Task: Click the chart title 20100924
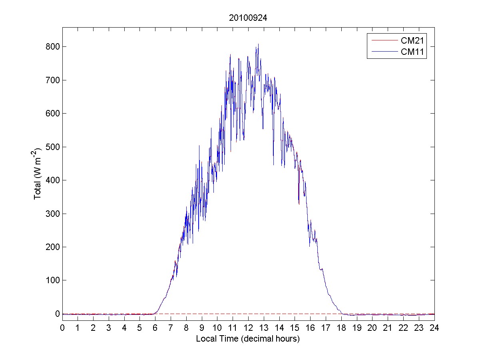(248, 18)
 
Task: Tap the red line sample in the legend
(383, 40)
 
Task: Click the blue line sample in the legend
(383, 52)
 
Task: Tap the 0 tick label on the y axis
(56, 314)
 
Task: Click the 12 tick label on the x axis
(248, 328)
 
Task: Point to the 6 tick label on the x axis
(155, 328)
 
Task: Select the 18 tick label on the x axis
(341, 328)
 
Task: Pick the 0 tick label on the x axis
(62, 328)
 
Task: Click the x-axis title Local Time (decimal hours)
(248, 339)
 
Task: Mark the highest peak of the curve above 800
(258, 44)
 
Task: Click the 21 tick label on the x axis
(388, 328)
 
